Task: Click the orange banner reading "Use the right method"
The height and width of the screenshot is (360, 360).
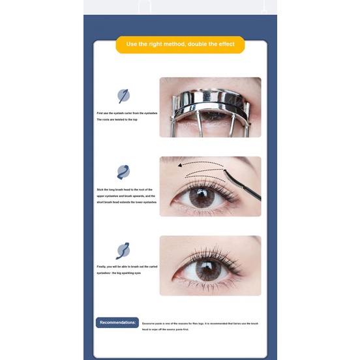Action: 180,45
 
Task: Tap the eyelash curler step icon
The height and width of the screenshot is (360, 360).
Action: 123,95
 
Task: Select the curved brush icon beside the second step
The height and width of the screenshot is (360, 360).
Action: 123,172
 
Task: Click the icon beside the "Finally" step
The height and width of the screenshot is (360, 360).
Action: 123,250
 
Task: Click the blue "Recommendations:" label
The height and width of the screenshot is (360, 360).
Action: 117,322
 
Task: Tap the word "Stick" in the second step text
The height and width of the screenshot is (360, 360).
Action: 100,190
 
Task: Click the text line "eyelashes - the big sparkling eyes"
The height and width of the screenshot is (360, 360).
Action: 118,273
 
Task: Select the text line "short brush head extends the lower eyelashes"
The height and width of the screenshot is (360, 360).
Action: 127,202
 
